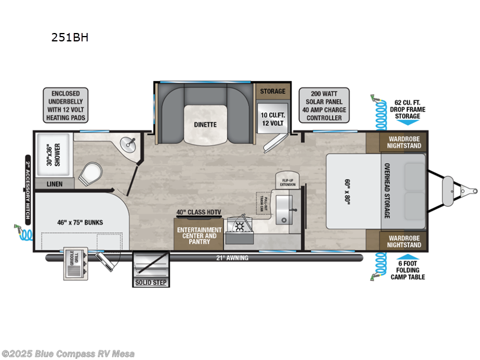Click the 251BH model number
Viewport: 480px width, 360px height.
pyautogui.click(x=71, y=37)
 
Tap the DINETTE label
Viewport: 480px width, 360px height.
pyautogui.click(x=205, y=124)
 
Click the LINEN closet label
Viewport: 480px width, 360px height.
pyautogui.click(x=55, y=185)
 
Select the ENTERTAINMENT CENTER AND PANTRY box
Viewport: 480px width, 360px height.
pyautogui.click(x=199, y=236)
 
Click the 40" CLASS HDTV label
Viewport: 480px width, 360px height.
pyautogui.click(x=199, y=212)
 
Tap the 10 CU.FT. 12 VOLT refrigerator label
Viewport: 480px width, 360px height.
pyautogui.click(x=271, y=119)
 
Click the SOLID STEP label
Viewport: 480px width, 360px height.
pyautogui.click(x=151, y=282)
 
